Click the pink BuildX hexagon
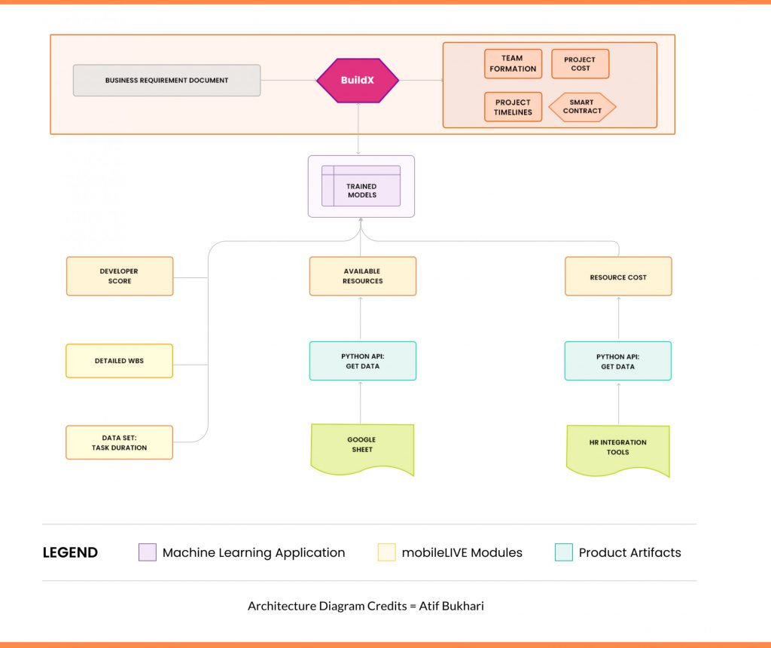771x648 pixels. tap(358, 80)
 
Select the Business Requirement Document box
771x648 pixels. tap(166, 80)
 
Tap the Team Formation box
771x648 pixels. tap(513, 63)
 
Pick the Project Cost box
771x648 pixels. tap(581, 63)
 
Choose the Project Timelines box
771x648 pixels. tap(513, 107)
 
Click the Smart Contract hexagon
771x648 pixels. tap(582, 107)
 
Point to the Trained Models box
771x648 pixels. tap(361, 186)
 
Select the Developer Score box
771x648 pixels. tap(120, 276)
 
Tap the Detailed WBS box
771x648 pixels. tap(120, 361)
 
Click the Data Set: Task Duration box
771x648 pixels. tap(120, 442)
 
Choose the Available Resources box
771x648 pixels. tap(363, 276)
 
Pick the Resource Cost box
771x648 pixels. tap(618, 276)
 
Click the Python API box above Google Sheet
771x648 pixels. tap(363, 361)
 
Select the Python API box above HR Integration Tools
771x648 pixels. tap(618, 361)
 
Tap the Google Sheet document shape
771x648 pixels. tap(362, 448)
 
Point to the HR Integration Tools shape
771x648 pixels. tap(618, 450)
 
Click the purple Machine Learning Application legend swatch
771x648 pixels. tap(148, 552)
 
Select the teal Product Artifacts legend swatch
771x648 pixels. tap(563, 552)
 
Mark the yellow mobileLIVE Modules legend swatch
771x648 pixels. tap(386, 552)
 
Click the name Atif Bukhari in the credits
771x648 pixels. tap(452, 606)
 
